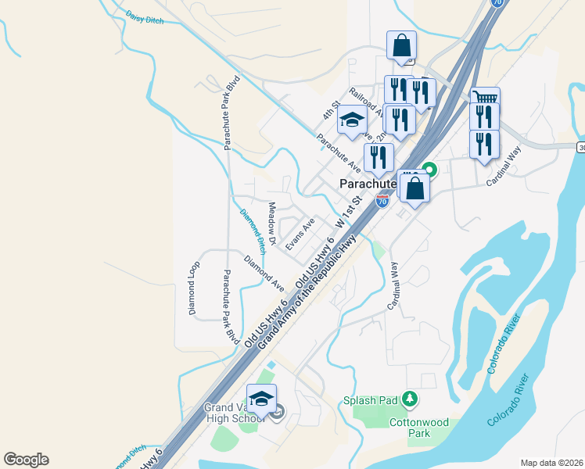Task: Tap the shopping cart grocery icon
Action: coord(486,99)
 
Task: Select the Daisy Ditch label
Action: coord(145,18)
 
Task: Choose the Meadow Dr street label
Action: coord(272,224)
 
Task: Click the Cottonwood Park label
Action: coord(419,428)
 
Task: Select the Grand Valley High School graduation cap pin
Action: coord(262,396)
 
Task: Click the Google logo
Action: coord(26,460)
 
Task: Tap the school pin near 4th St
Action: coord(352,120)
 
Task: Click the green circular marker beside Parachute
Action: coord(429,168)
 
